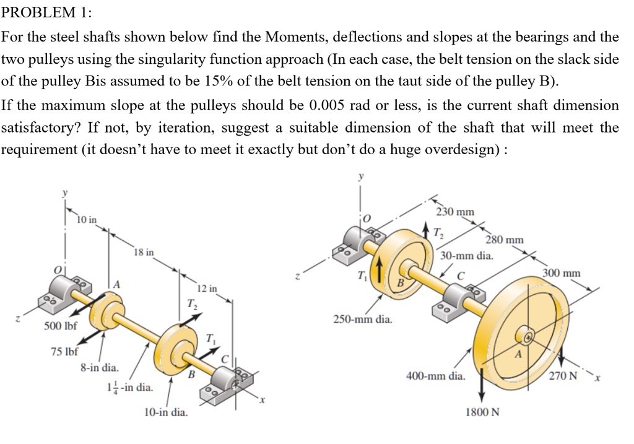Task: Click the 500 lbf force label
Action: (59, 326)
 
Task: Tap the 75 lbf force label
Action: (64, 352)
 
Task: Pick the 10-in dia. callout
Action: (165, 412)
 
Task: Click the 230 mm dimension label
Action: (455, 212)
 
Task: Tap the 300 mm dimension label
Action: (561, 272)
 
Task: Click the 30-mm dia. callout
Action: (466, 255)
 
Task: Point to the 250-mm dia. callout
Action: (362, 320)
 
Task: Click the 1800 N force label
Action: (482, 412)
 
